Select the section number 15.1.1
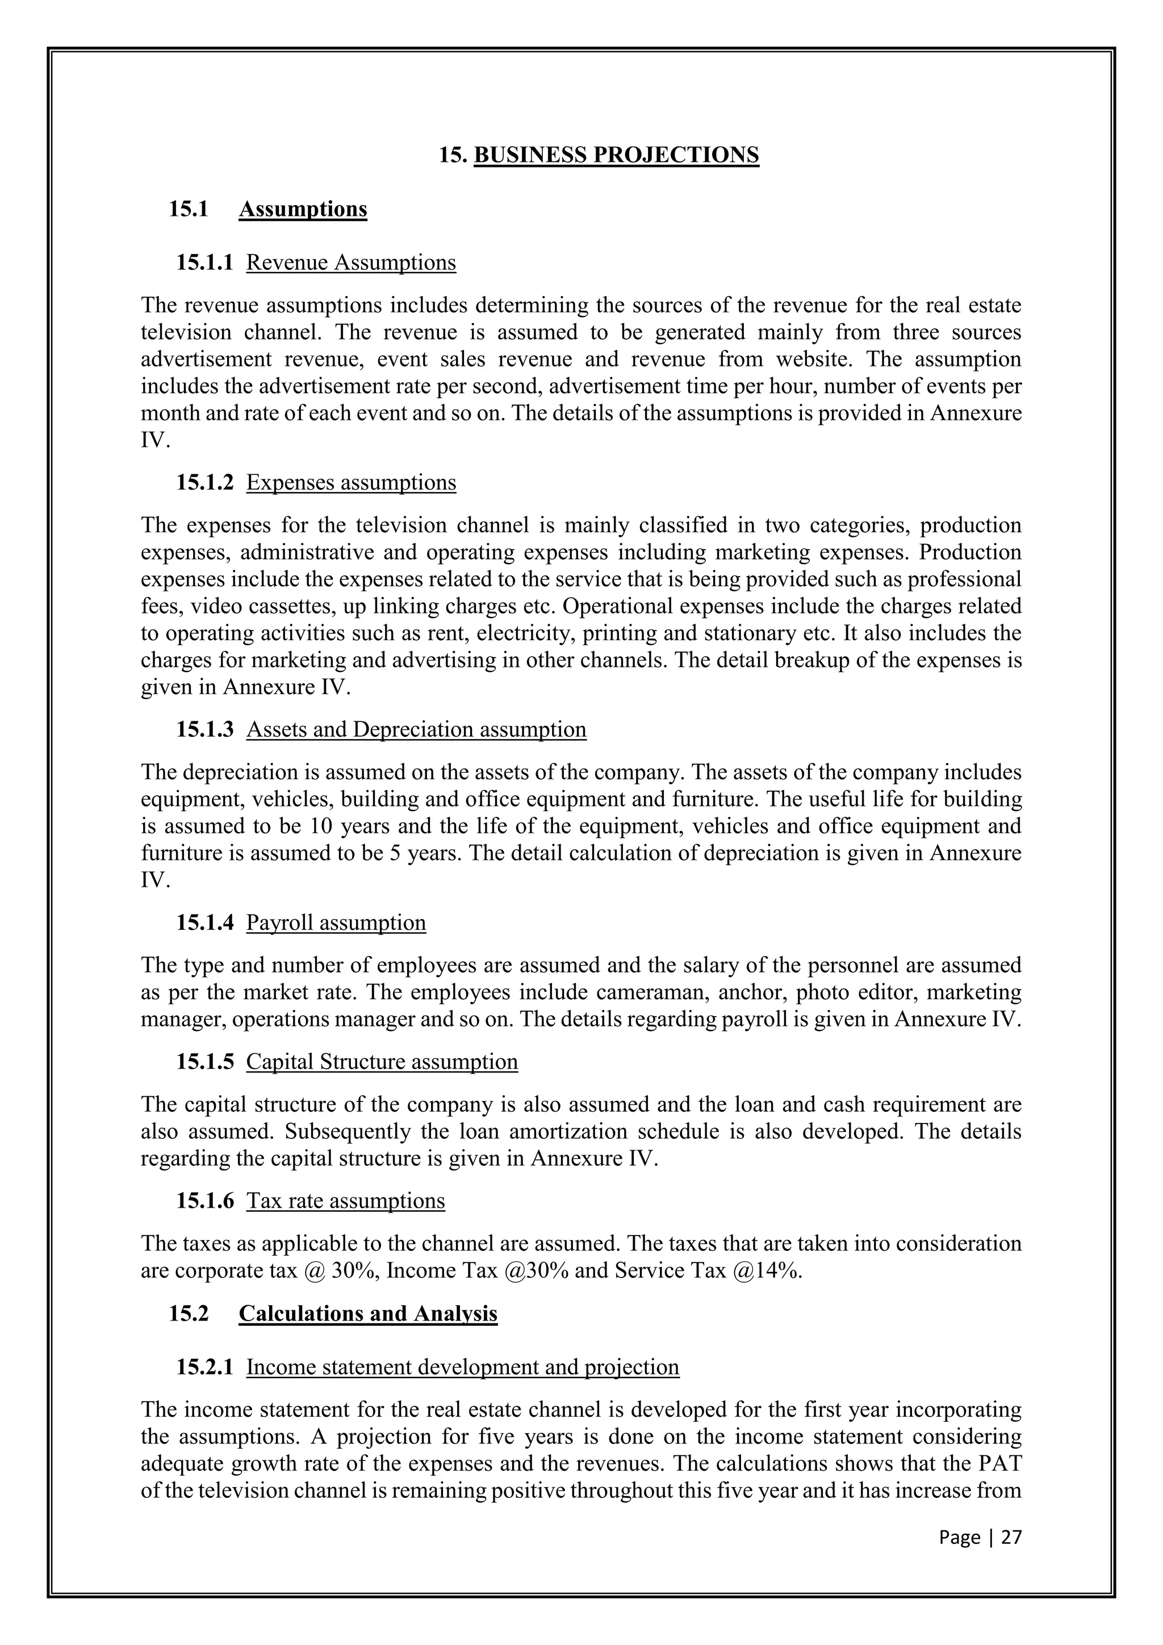[x=205, y=262]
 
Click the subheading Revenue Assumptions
[x=351, y=262]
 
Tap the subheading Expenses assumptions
[x=351, y=482]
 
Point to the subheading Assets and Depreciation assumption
[x=416, y=729]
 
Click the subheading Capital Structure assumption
[x=382, y=1061]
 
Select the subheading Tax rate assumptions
[x=345, y=1200]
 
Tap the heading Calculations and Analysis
[x=368, y=1313]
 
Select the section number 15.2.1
[x=205, y=1367]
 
